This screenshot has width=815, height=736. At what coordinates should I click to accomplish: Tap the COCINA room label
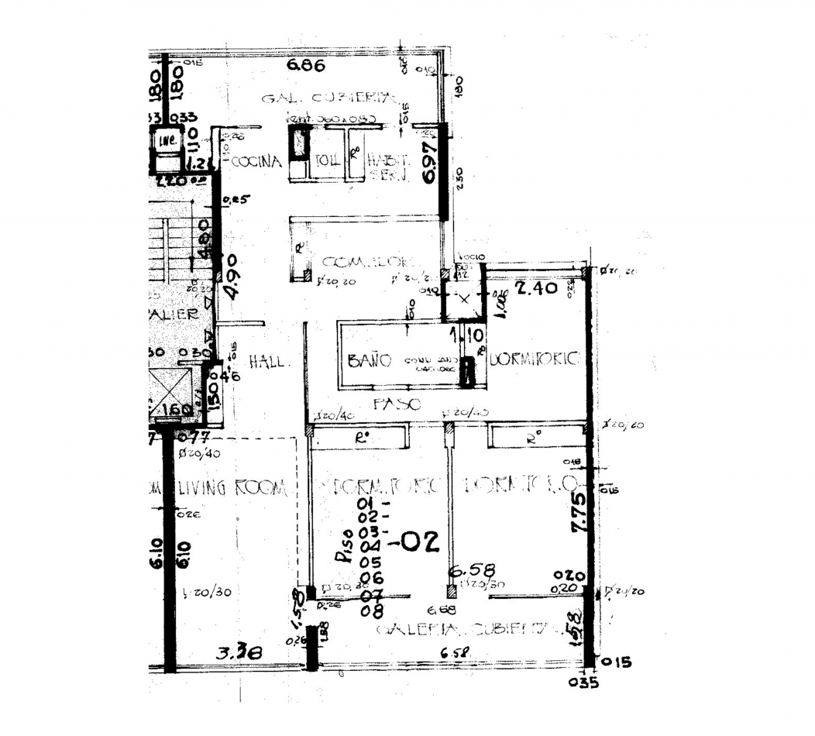click(256, 162)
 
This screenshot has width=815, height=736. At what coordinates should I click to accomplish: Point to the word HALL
click(270, 361)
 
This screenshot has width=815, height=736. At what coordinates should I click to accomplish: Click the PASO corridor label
click(397, 404)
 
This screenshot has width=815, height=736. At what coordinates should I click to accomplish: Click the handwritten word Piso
click(344, 545)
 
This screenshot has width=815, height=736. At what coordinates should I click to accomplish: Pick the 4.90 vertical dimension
click(230, 280)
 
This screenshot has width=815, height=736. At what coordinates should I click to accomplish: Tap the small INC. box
click(165, 141)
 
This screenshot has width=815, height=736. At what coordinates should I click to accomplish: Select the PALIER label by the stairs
click(173, 315)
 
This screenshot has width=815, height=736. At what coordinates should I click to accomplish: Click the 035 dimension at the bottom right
click(588, 683)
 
